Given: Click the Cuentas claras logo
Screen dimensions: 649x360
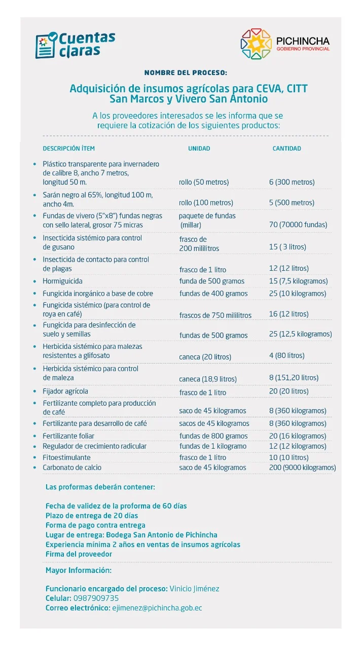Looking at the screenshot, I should coord(75,45).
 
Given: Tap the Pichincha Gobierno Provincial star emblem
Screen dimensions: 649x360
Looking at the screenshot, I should coord(256,44).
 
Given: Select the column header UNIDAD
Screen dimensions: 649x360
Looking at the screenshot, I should coord(199,149).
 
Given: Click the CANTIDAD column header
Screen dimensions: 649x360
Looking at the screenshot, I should coord(286,149).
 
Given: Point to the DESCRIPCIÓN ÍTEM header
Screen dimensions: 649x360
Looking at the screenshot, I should coord(68,149).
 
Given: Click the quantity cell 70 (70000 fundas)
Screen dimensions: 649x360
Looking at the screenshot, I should coord(298,225).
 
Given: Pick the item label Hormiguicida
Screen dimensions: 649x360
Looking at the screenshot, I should coord(62,281).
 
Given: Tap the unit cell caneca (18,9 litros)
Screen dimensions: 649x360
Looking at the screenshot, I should coord(207,379).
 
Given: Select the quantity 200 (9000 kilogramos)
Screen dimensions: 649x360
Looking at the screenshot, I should coord(302,467).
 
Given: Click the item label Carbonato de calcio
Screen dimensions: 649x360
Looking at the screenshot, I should coord(72,467).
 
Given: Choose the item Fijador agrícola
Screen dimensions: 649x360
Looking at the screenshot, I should coord(65,391).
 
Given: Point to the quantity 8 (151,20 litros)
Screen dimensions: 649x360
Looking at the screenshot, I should coord(294,378).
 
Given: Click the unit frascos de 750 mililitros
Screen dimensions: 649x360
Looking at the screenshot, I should coord(215,315).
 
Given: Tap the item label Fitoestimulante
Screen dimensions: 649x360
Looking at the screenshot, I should coord(66,457).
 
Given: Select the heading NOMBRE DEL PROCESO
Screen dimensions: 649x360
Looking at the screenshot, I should coord(186,73).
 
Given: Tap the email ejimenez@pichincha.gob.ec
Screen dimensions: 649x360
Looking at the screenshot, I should coord(157,608).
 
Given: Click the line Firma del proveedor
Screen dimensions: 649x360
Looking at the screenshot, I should coord(79,554).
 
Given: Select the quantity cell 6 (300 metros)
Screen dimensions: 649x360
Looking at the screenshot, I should coord(292,182).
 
